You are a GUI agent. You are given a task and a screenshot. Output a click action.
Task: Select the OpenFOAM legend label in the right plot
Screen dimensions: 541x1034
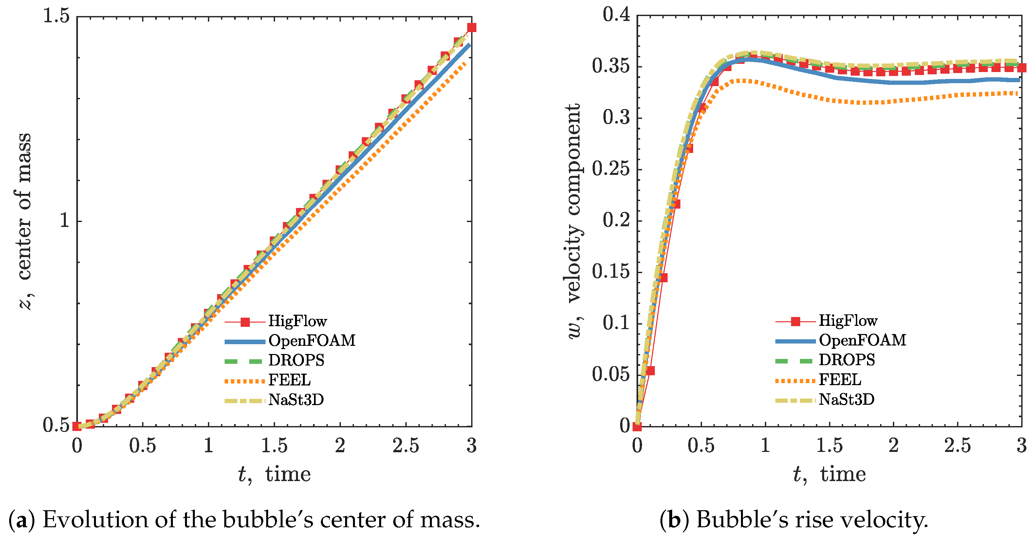862,340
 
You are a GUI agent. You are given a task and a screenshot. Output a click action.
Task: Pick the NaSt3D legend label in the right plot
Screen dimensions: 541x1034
846,399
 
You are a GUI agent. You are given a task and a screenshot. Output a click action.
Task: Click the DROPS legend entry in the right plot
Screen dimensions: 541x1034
846,360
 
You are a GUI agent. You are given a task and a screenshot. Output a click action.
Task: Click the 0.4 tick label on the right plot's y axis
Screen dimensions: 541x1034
616,15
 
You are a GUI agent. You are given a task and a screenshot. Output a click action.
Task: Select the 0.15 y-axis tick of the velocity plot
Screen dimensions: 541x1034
611,272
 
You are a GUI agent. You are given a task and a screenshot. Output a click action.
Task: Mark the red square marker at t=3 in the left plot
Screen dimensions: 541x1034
471,27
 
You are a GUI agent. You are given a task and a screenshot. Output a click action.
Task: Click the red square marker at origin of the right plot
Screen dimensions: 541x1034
637,426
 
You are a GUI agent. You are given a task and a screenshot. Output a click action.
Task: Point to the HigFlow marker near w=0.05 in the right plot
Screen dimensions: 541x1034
650,370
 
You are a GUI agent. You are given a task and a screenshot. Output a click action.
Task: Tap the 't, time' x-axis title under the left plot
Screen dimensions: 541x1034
274,475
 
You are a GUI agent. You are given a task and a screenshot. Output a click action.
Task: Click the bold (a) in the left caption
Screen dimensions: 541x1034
22,520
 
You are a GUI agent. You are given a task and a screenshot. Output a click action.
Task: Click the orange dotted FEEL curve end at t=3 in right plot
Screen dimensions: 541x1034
1017,94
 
